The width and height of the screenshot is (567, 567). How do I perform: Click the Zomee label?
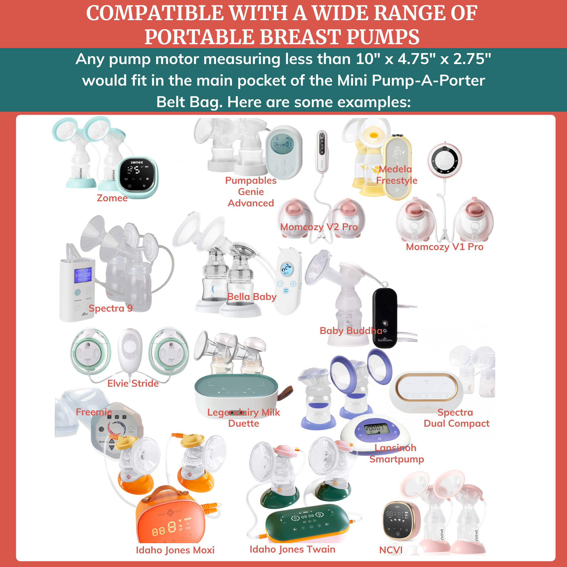112,198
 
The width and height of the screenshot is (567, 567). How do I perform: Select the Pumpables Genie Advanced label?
251,192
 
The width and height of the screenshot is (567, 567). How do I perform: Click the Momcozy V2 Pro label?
319,227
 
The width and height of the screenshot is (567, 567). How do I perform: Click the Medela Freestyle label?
396,175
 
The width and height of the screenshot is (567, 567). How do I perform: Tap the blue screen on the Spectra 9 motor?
83,275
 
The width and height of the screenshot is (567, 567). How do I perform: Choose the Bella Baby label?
252,297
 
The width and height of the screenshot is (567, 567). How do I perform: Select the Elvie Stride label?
133,383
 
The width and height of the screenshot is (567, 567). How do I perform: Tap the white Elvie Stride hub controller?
130,351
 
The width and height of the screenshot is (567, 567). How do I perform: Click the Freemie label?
94,412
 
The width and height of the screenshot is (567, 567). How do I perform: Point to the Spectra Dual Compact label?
456,418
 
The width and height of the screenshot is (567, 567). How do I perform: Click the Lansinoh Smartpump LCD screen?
376,429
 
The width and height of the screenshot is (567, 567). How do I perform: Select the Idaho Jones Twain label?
292,549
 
